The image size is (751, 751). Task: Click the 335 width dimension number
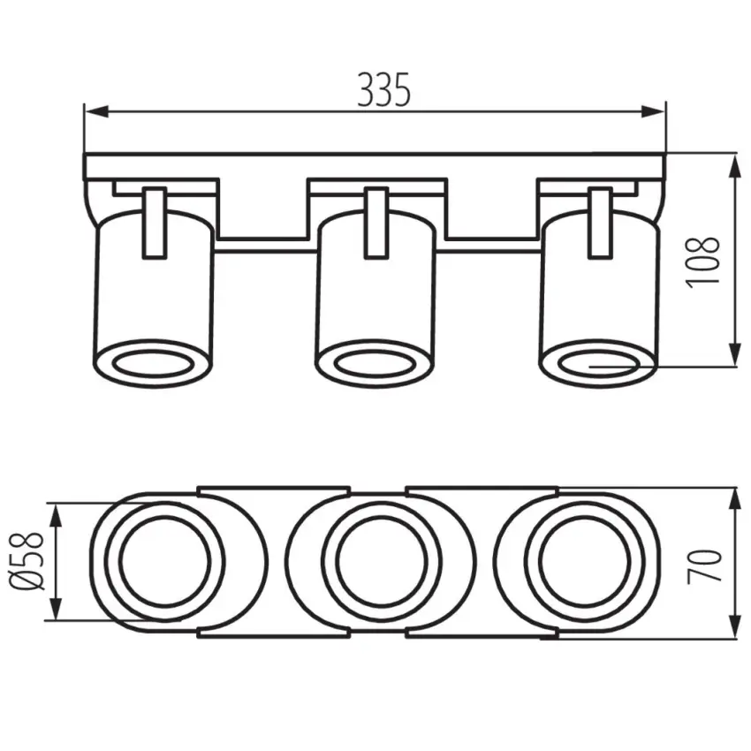[x=384, y=89]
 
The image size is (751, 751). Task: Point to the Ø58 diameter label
[x=29, y=562]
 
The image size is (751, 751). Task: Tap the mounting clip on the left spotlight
[x=155, y=223]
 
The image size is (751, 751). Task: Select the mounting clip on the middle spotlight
[x=376, y=223]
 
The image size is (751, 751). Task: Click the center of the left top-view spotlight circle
[x=163, y=562]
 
